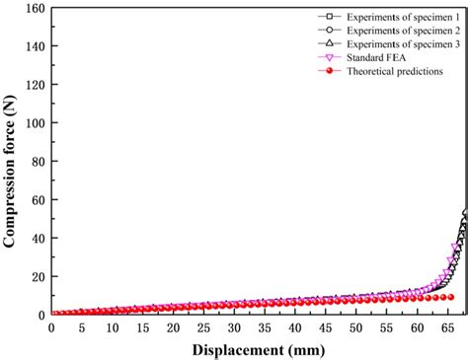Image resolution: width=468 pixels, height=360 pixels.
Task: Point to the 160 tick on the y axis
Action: tap(33, 9)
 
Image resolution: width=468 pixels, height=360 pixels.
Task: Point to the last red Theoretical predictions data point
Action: tap(451, 269)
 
